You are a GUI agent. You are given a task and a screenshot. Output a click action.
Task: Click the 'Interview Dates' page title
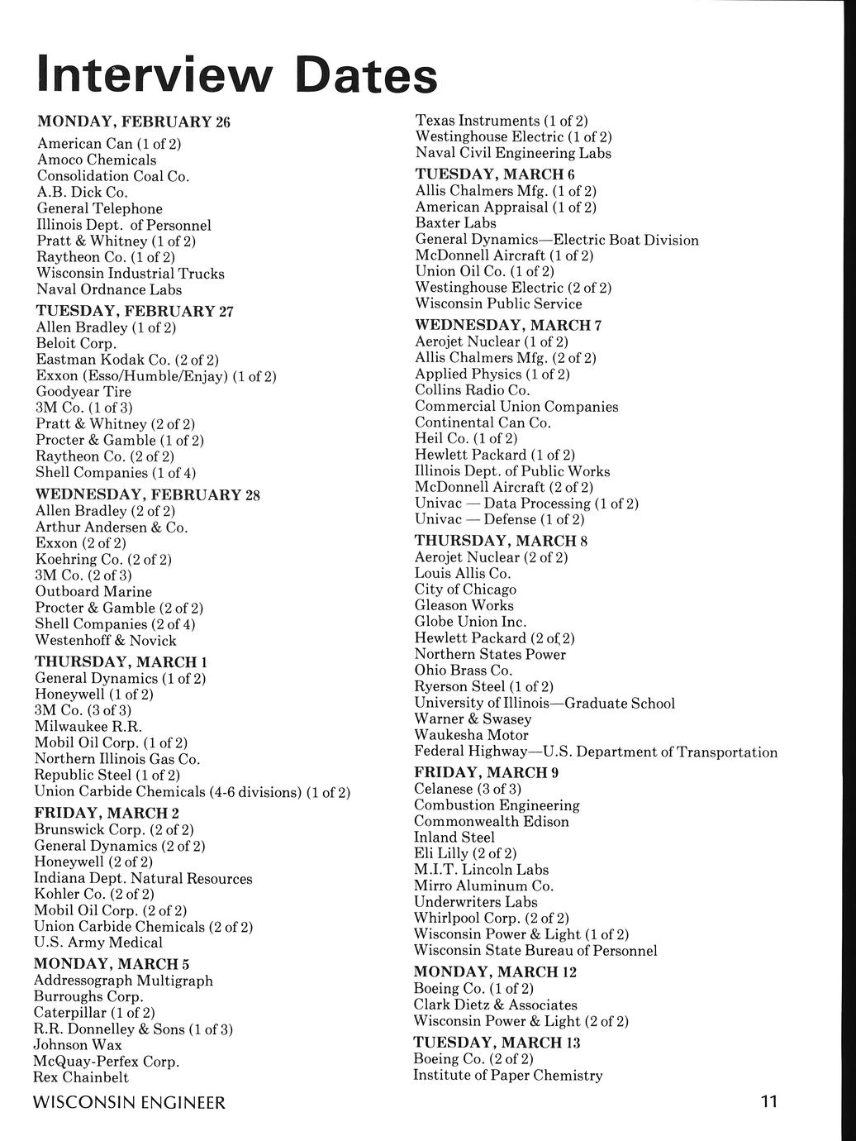[x=237, y=76]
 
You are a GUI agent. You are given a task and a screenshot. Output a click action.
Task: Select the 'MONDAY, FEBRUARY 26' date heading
[x=134, y=122]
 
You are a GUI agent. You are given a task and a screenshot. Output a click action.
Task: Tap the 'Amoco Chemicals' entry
[x=97, y=160]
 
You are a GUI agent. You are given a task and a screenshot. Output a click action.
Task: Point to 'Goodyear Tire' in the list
[x=83, y=391]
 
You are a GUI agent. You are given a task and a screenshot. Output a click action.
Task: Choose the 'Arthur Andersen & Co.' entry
[x=112, y=527]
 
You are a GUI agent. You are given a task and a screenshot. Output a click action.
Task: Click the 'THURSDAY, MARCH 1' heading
[x=121, y=662]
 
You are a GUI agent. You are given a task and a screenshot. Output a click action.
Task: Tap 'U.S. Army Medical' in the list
[x=98, y=943]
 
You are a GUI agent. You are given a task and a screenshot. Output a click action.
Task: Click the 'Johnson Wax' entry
[x=78, y=1045]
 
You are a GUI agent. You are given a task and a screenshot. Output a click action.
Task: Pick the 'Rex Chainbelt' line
[x=81, y=1077]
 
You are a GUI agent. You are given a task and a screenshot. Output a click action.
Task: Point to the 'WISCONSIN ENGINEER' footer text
[x=130, y=1103]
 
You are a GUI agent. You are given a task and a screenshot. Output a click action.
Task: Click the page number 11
[x=769, y=1102]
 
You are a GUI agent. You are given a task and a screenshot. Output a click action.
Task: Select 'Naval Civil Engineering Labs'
[x=513, y=153]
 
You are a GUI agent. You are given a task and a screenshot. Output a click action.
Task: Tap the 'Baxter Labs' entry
[x=455, y=223]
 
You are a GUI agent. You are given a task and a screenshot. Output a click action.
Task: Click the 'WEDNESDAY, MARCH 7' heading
[x=508, y=325]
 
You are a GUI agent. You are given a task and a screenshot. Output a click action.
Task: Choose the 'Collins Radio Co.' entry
[x=473, y=390]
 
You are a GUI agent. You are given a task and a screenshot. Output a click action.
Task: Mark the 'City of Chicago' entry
[x=465, y=590]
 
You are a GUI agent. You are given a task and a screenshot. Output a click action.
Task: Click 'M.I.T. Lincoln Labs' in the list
[x=481, y=870]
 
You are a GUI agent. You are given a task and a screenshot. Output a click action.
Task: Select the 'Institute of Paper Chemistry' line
[x=508, y=1076]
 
